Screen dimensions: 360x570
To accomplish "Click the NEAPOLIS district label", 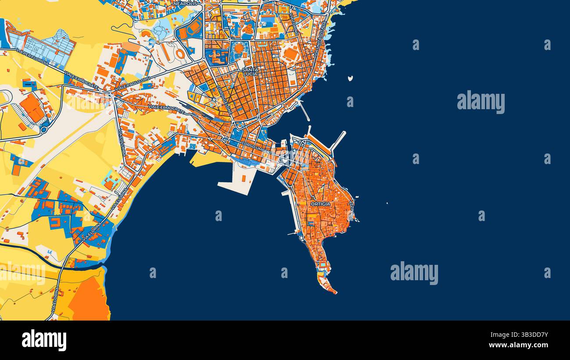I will click(187, 4).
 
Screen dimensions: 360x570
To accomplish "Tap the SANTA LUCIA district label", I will click(250, 72).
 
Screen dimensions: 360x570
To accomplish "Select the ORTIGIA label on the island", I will click(320, 204).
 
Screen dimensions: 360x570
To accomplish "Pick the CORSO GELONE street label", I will click(226, 100).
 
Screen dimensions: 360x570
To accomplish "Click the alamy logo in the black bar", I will click(44, 340).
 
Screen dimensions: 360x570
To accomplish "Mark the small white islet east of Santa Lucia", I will click(350, 79).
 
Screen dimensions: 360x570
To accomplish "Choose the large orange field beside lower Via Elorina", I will click(90, 300).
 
